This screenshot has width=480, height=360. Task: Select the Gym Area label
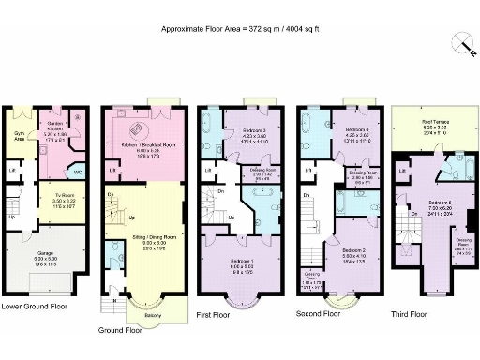point(16,136)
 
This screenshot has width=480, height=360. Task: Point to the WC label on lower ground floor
point(78,172)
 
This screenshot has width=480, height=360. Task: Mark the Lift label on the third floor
point(401,172)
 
